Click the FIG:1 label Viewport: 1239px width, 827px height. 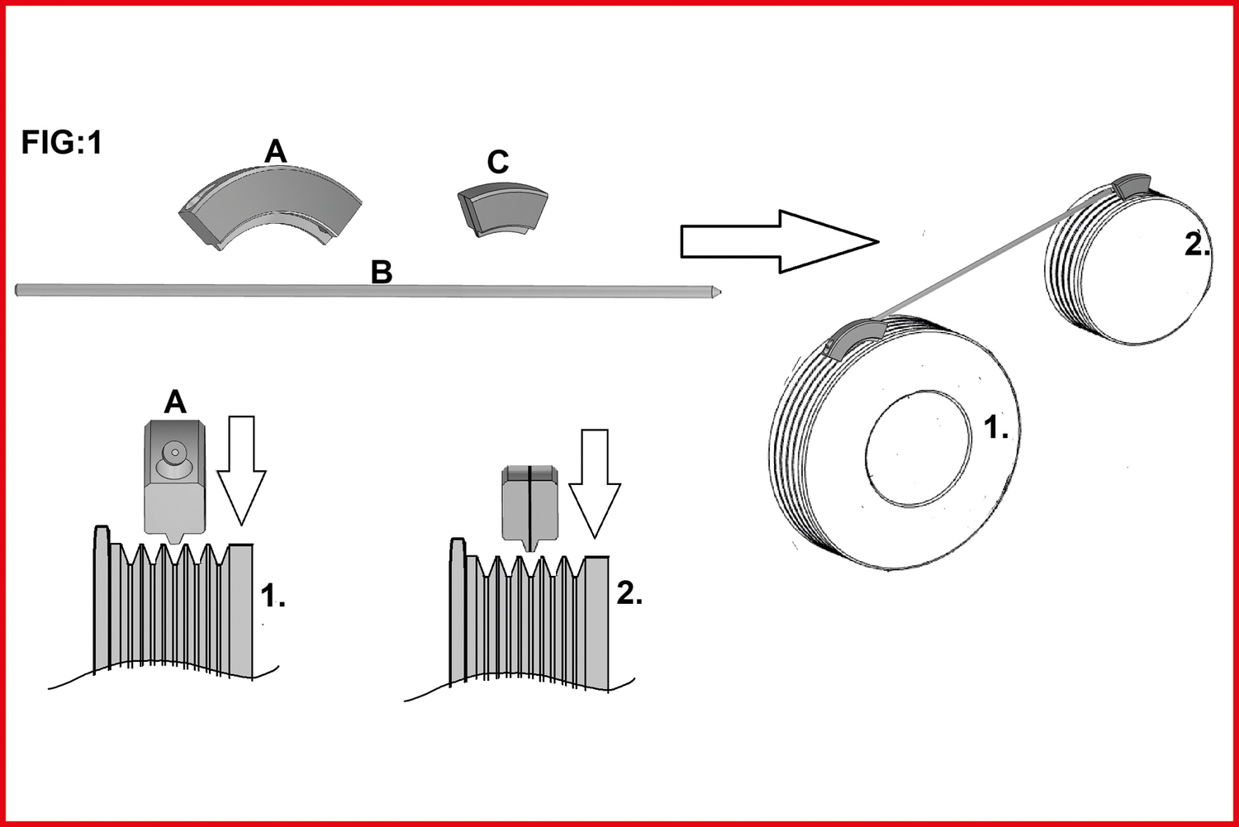pyautogui.click(x=61, y=143)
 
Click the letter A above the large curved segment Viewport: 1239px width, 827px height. pyautogui.click(x=275, y=151)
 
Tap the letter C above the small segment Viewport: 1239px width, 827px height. pyautogui.click(x=497, y=162)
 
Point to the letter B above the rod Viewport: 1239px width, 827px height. pyautogui.click(x=381, y=272)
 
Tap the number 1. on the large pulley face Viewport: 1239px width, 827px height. pyautogui.click(x=995, y=428)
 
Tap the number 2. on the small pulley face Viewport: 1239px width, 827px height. pyautogui.click(x=1196, y=245)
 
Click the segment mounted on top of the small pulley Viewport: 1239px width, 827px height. pyautogui.click(x=1130, y=186)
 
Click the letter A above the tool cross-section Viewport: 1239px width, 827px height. pyautogui.click(x=175, y=402)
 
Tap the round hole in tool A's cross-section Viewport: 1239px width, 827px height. pyautogui.click(x=174, y=453)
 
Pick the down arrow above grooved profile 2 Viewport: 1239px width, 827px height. pyautogui.click(x=595, y=482)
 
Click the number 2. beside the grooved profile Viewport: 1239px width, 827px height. pyautogui.click(x=629, y=592)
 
